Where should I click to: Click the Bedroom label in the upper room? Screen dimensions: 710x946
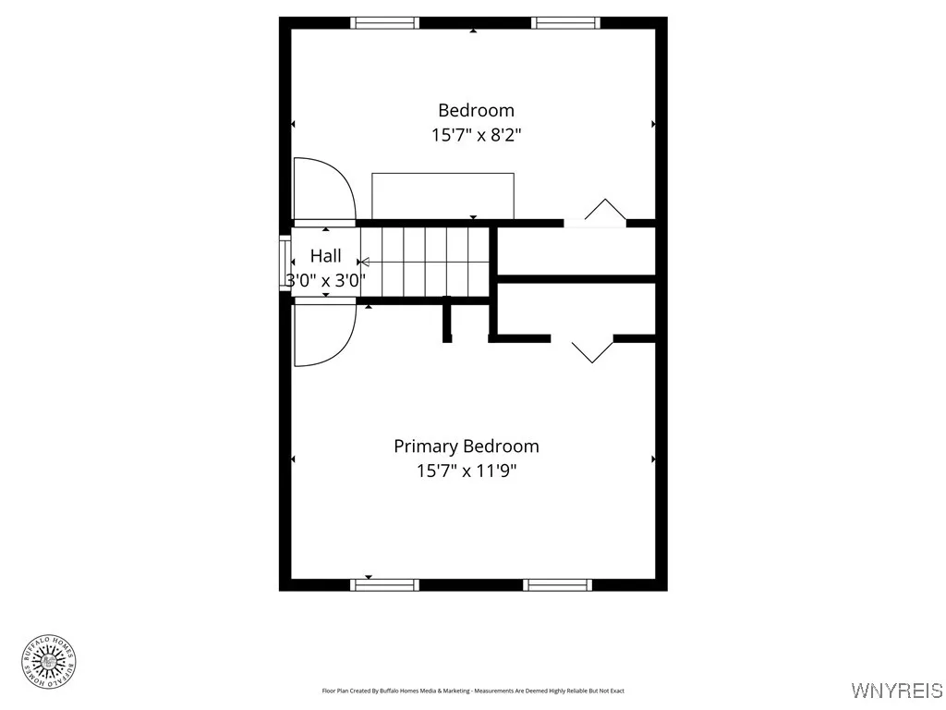(x=476, y=111)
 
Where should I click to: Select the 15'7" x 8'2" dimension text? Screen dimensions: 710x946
(x=476, y=135)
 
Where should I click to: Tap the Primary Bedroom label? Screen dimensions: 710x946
(x=467, y=447)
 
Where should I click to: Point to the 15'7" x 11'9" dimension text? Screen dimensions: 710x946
(x=467, y=471)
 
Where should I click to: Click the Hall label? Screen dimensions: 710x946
(x=325, y=256)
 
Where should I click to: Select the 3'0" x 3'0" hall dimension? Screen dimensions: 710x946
(x=326, y=280)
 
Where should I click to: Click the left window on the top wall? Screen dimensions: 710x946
(x=385, y=23)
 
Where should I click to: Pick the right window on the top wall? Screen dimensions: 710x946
(x=566, y=23)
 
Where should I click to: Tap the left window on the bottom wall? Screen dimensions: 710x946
(x=386, y=584)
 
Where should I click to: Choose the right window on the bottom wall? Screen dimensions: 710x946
(x=557, y=584)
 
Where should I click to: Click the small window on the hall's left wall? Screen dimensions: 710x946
(x=285, y=264)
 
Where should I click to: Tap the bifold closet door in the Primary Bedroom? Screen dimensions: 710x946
(x=592, y=350)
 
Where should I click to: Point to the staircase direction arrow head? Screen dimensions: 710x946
(x=364, y=263)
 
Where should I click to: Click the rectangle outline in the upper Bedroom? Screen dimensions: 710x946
(x=443, y=195)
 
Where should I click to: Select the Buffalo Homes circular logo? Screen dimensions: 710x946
(x=48, y=660)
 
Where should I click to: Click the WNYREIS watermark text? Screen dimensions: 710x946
(x=896, y=691)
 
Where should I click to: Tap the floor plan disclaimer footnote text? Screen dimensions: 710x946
(x=473, y=691)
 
